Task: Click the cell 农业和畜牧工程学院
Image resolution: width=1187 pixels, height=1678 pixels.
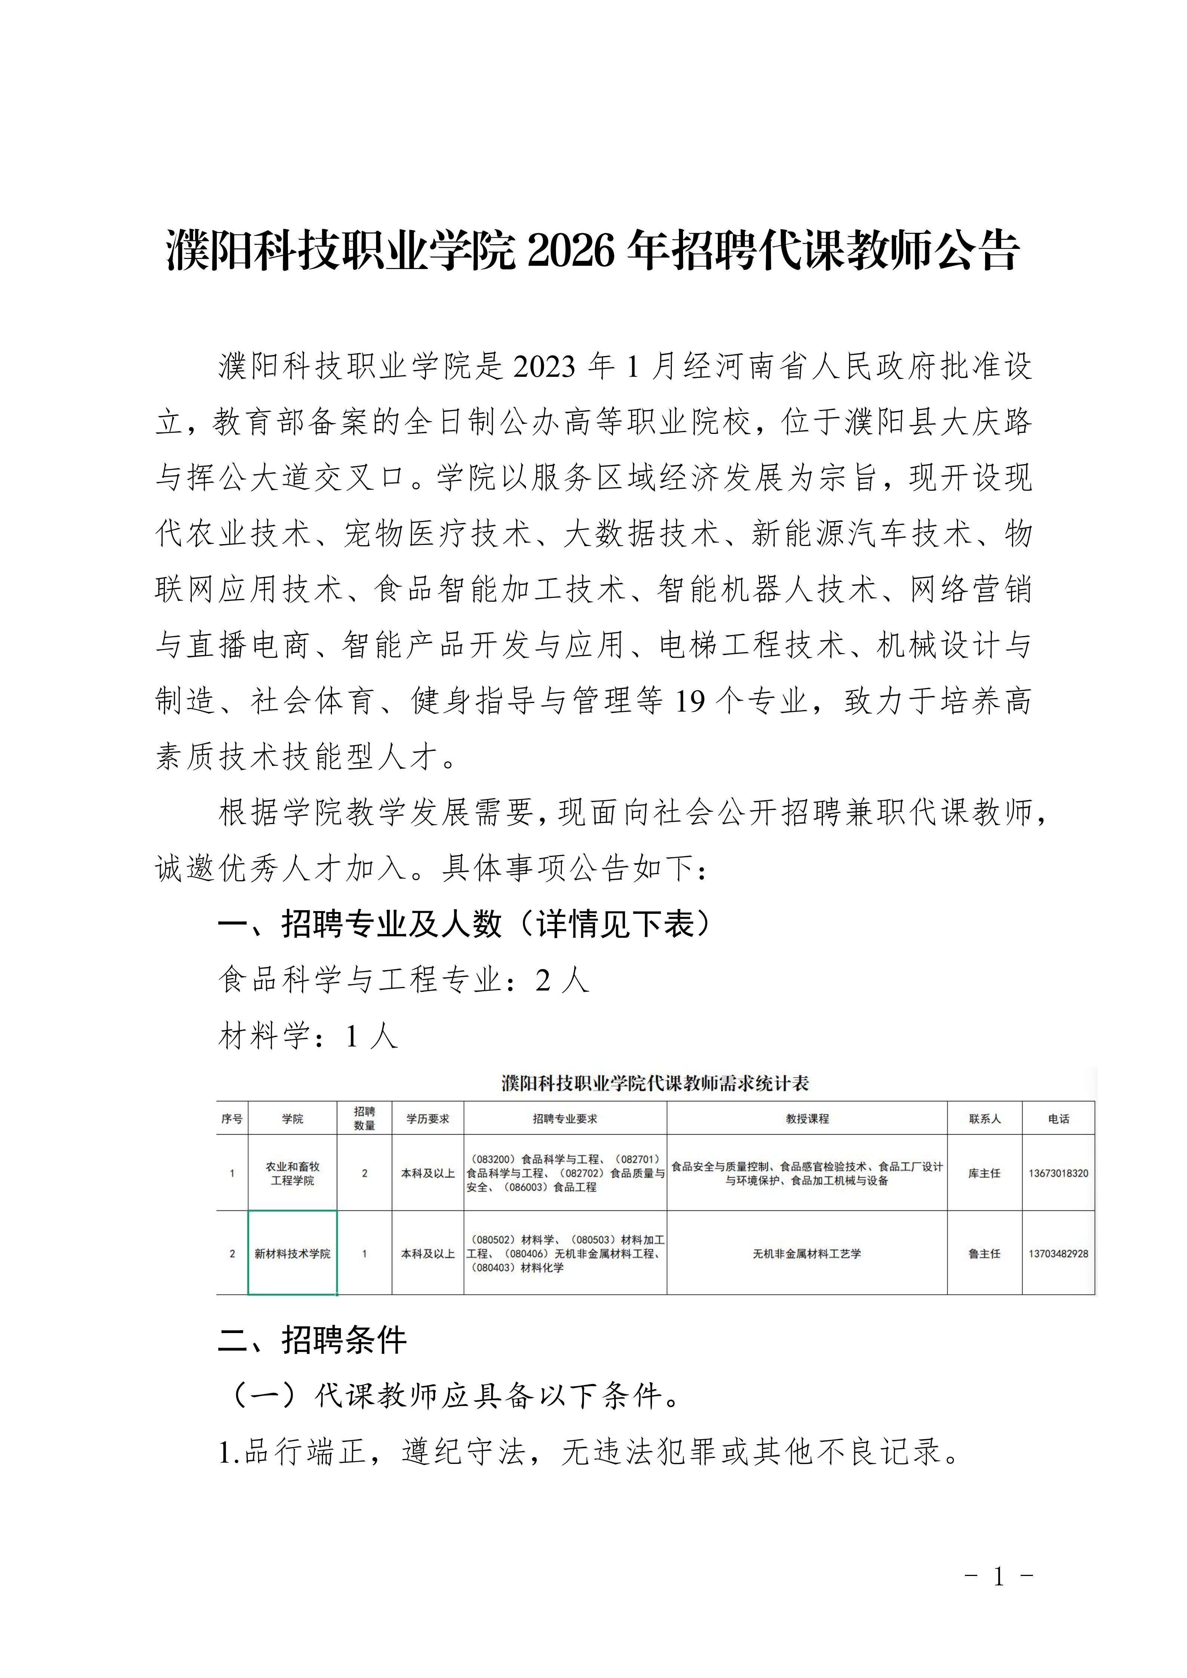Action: coord(292,1174)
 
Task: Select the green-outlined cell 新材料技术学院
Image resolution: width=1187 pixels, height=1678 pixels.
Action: coord(292,1253)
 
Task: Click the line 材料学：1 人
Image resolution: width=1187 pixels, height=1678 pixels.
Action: coord(308,1036)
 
